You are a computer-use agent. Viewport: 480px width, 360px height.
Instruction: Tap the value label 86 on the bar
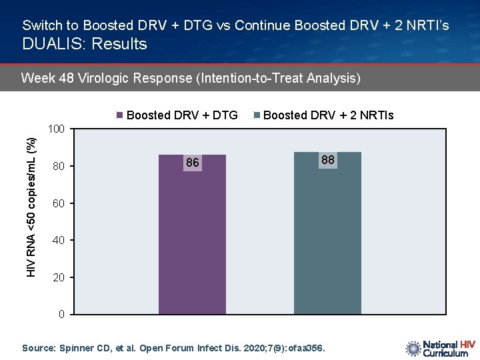point(193,163)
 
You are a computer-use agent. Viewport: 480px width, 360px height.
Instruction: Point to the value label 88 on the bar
point(328,160)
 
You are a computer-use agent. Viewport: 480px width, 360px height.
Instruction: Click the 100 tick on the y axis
point(57,128)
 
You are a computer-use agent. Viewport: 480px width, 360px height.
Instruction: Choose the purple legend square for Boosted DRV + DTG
point(120,115)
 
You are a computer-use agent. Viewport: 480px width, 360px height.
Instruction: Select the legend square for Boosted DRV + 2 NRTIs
point(257,115)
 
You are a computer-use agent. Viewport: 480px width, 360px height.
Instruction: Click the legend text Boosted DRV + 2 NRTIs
point(329,115)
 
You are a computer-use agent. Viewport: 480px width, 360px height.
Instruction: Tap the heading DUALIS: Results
point(85,44)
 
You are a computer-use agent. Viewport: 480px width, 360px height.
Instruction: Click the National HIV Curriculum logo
point(439,349)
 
